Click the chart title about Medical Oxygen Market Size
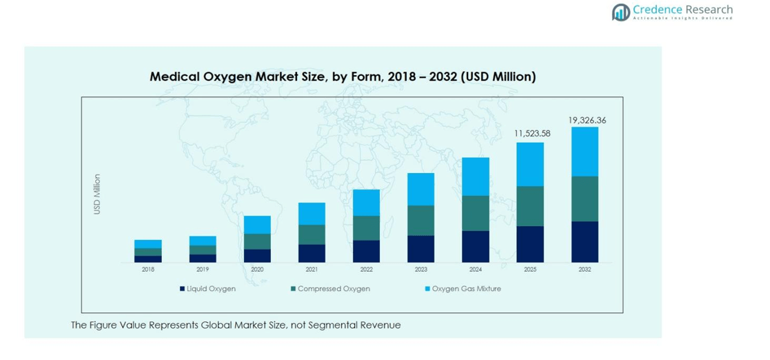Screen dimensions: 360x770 (x=343, y=77)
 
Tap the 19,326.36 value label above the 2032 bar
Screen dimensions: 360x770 (x=587, y=120)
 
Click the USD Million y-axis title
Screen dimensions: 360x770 (x=97, y=194)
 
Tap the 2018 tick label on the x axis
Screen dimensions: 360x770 (x=148, y=270)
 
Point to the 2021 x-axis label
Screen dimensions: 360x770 (x=312, y=270)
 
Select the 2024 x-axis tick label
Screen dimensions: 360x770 (x=475, y=270)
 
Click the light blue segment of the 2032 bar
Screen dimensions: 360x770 (x=585, y=151)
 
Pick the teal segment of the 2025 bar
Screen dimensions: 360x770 (x=530, y=206)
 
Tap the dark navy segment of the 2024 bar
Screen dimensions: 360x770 (x=475, y=246)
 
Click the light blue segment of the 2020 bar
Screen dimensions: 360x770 (x=257, y=224)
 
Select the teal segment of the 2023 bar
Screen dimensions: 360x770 (x=421, y=220)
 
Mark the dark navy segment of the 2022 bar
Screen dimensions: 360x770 (x=366, y=251)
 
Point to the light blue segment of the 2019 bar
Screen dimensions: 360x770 (x=203, y=241)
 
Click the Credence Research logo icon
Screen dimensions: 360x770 (x=620, y=12)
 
